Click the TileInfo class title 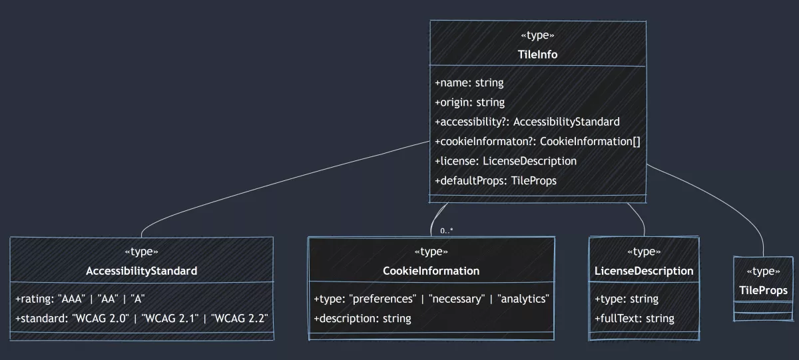537,55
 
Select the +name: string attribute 469,83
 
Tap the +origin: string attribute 469,102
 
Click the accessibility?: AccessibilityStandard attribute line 527,122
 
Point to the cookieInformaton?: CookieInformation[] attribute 537,141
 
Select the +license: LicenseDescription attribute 505,161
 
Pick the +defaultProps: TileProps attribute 495,180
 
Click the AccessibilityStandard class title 141,271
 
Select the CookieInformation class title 431,271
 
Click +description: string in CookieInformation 362,318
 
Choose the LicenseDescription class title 644,271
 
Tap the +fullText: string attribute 634,318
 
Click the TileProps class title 763,290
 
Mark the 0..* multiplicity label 447,231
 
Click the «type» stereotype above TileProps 763,271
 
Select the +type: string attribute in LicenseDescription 626,299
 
